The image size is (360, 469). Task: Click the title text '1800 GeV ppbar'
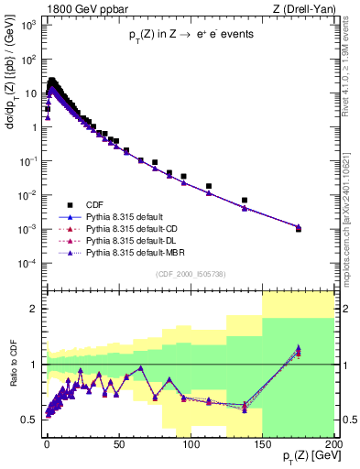[x=75, y=8]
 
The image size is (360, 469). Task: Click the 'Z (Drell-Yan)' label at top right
[x=301, y=8]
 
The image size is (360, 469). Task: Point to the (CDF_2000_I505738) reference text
[x=193, y=274]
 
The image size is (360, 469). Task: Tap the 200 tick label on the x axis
[x=333, y=443]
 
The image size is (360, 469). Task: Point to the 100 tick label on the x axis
[x=190, y=443]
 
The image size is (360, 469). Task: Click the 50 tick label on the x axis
[x=118, y=443]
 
